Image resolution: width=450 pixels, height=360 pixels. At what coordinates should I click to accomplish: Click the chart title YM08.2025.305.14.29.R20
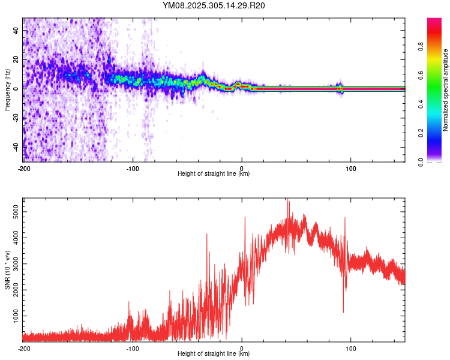[x=214, y=6]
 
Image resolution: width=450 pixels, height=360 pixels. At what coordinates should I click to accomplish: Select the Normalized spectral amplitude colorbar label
[x=445, y=90]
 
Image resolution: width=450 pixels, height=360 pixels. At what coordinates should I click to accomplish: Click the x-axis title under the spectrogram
[x=214, y=174]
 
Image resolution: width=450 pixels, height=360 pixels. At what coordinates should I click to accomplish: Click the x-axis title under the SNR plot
[x=214, y=353]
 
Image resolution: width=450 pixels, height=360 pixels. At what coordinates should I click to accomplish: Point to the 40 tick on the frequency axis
[x=16, y=30]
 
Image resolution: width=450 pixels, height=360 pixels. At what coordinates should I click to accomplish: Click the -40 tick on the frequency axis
[x=15, y=146]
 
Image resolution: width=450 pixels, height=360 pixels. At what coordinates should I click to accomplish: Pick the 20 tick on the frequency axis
[x=16, y=59]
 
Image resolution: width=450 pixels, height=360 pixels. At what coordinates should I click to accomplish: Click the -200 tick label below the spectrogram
[x=23, y=167]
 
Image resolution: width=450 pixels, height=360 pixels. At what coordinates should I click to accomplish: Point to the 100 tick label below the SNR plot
[x=351, y=347]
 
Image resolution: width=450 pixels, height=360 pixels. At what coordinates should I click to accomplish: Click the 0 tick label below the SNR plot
[x=242, y=347]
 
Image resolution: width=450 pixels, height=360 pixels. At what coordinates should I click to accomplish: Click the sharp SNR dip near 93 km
[x=343, y=311]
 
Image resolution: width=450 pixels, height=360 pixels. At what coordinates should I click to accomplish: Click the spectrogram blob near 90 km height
[x=340, y=88]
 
